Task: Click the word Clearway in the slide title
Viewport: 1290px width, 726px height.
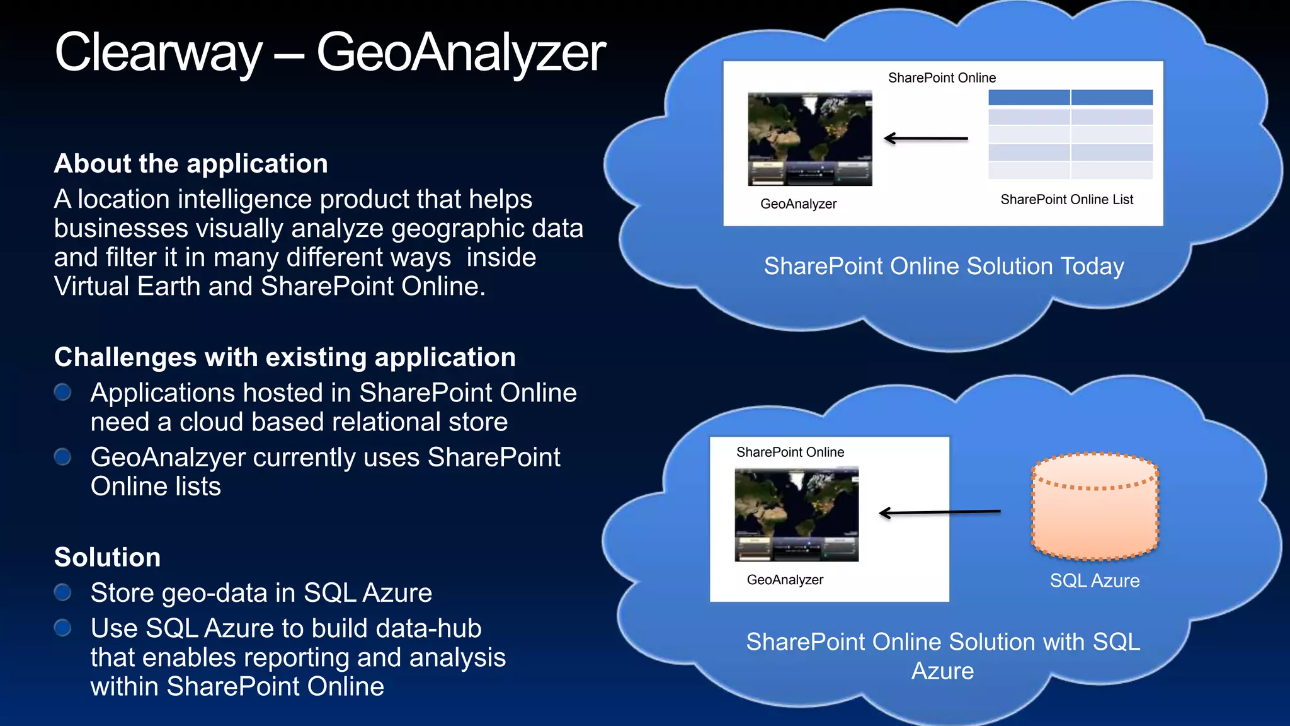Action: click(157, 53)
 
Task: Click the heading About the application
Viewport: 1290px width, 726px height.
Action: click(191, 164)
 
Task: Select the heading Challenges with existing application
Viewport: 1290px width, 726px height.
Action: click(285, 357)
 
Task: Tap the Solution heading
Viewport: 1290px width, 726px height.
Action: click(107, 558)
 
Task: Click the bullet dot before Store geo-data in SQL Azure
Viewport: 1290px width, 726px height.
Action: click(62, 592)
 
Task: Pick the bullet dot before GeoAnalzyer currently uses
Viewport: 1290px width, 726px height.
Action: click(62, 457)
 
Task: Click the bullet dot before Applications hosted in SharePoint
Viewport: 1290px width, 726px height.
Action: click(62, 393)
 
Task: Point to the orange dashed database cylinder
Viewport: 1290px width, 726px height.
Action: click(1095, 507)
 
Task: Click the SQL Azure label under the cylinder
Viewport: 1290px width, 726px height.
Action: click(1095, 580)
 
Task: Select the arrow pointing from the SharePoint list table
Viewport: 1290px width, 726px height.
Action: click(925, 138)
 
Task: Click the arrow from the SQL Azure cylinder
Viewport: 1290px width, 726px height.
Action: click(939, 512)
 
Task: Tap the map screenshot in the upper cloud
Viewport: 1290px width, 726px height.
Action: click(809, 139)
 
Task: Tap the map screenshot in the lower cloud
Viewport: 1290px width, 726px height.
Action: click(796, 514)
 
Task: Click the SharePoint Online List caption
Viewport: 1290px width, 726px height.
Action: click(1066, 200)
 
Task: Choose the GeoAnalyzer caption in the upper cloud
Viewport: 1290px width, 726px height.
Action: click(798, 204)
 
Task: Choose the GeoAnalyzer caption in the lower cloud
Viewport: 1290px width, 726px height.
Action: click(785, 580)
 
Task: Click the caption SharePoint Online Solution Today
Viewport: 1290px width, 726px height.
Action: click(944, 267)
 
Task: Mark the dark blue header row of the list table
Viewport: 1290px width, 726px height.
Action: click(1070, 97)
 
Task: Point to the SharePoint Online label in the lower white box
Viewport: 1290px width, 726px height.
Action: click(790, 452)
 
